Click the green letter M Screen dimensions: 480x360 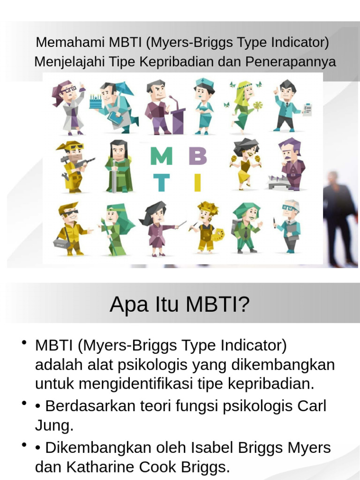tap(161, 156)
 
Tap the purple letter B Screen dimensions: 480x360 tap(197, 157)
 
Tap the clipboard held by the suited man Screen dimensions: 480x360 tap(307, 109)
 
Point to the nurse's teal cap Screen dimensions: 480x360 tap(205, 84)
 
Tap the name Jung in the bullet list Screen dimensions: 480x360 tap(54, 426)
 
